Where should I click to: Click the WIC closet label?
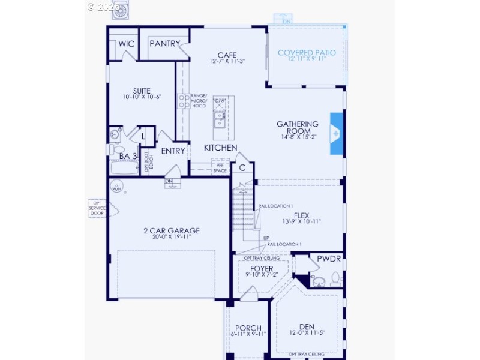pyautogui.click(x=126, y=44)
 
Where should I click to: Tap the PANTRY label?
pyautogui.click(x=164, y=44)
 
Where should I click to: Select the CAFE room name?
pyautogui.click(x=227, y=55)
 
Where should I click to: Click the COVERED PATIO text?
pyautogui.click(x=306, y=53)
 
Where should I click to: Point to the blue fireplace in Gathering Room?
pyautogui.click(x=337, y=133)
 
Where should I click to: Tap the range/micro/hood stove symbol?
pyautogui.click(x=184, y=101)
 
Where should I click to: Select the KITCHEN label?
pyautogui.click(x=220, y=148)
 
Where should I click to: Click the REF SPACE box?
pyautogui.click(x=220, y=168)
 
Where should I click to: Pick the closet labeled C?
pyautogui.click(x=242, y=168)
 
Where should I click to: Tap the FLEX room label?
pyautogui.click(x=301, y=215)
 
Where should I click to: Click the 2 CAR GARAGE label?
pyautogui.click(x=172, y=230)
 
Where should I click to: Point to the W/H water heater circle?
pyautogui.click(x=116, y=189)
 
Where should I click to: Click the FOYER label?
pyautogui.click(x=262, y=268)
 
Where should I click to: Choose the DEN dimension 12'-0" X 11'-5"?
pyautogui.click(x=307, y=333)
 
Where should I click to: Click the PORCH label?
pyautogui.click(x=248, y=328)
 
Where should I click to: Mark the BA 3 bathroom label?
pyautogui.click(x=127, y=157)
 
